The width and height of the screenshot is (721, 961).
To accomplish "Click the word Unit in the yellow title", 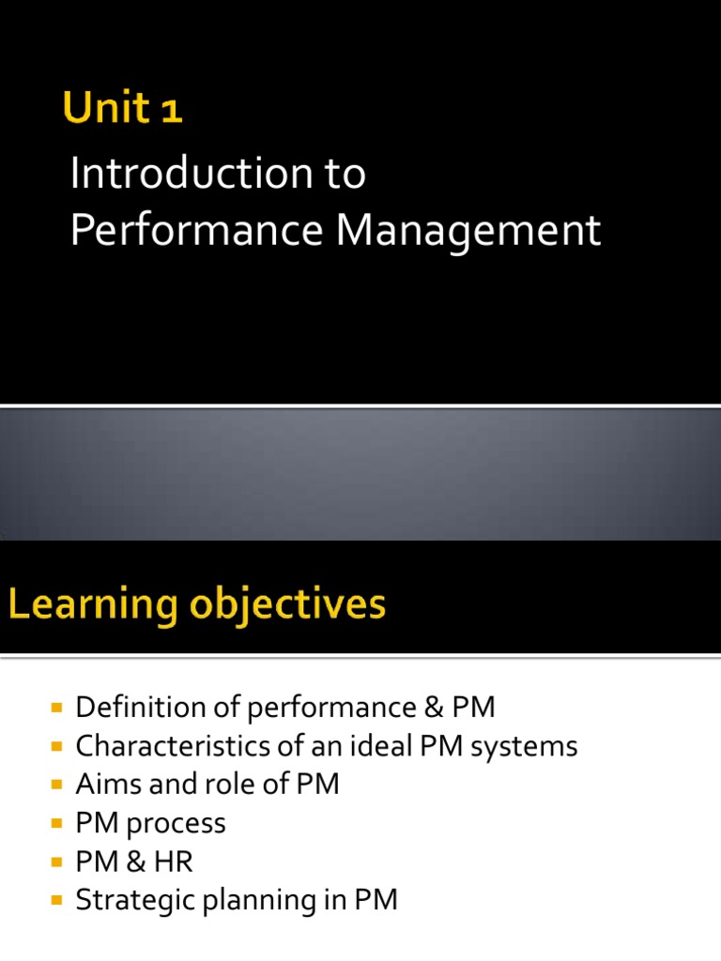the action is (106, 107).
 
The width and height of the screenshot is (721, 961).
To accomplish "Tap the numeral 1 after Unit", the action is (171, 112).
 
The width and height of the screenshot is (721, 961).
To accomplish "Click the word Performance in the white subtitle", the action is (197, 230).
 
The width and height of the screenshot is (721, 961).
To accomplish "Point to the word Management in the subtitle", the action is (468, 233).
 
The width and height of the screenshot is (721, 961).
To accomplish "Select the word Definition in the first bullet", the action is (141, 707).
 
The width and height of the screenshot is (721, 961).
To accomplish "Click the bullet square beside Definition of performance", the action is (57, 708).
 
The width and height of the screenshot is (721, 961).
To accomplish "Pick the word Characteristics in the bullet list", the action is (173, 746).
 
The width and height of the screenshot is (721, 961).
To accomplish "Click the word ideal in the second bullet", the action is (381, 745).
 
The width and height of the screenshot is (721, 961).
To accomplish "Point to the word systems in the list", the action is (524, 748).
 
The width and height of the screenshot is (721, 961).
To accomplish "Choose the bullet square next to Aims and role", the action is (57, 785).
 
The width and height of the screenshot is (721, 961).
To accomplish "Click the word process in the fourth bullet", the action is (176, 825).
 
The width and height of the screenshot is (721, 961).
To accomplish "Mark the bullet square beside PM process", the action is (57, 823).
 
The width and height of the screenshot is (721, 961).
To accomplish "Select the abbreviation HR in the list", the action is (173, 862).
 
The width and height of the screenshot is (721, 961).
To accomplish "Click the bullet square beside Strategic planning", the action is (57, 900).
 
